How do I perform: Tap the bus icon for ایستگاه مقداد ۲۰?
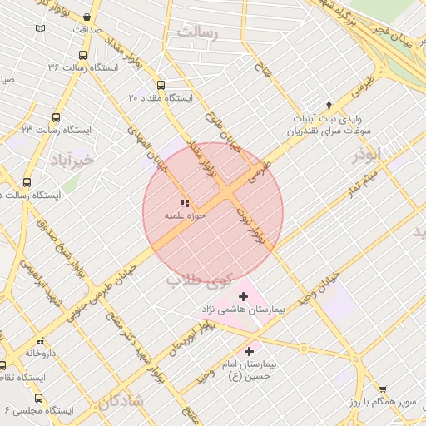click(161, 84)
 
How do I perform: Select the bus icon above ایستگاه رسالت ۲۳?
click(56, 117)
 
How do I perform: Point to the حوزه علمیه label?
click(184, 215)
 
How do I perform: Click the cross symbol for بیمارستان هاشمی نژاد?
click(243, 296)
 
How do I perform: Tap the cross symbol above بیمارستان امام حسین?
click(249, 352)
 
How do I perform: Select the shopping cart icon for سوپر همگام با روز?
click(383, 389)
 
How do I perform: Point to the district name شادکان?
click(121, 403)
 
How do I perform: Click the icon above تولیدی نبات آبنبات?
click(329, 105)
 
